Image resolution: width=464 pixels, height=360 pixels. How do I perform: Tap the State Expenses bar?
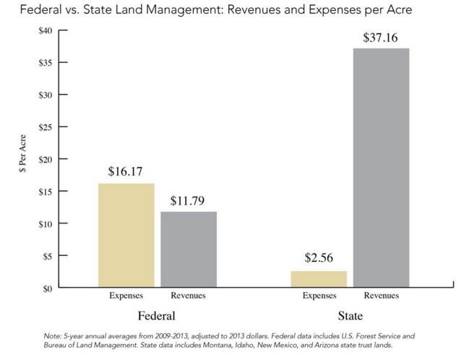pos(319,279)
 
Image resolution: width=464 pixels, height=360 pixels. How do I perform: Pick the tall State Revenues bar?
pos(381,168)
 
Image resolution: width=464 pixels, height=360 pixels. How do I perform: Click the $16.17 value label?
pos(126,172)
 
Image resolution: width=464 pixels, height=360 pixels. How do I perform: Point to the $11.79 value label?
pos(188,200)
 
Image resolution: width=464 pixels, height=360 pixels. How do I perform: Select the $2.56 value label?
pos(319,259)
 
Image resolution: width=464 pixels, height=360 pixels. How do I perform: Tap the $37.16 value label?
pos(381,36)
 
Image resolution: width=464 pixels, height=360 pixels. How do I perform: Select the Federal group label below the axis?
pos(156,317)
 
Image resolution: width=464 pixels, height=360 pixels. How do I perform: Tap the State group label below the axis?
pos(351,317)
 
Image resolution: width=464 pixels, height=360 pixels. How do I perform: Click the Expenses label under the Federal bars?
pos(126,296)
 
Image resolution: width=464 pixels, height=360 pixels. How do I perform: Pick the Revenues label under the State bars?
pos(381,296)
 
